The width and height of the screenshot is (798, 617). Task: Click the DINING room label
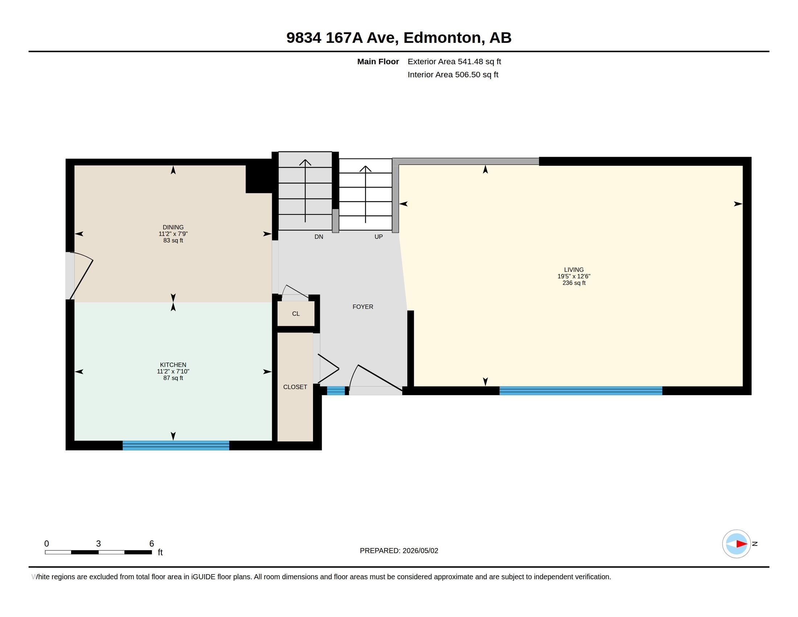[173, 227]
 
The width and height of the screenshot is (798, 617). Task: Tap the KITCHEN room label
[173, 365]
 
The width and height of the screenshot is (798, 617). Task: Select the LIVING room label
[574, 270]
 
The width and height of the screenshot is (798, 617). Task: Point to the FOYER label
[363, 307]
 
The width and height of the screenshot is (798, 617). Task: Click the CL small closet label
[296, 314]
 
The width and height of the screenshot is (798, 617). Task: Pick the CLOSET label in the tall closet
[295, 387]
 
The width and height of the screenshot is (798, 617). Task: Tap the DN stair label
[319, 237]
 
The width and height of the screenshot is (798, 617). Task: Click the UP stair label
[379, 237]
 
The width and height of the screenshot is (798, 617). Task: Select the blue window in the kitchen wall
[176, 445]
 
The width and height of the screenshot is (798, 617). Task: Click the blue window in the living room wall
[581, 391]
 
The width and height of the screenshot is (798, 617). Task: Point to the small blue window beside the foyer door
[336, 391]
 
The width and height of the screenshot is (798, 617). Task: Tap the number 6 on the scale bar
[152, 544]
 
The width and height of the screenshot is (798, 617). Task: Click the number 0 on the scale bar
[46, 544]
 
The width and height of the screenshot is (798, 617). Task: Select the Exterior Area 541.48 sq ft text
[454, 61]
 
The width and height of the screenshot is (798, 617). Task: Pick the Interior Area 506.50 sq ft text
[453, 74]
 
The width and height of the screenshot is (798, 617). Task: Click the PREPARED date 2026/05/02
[420, 551]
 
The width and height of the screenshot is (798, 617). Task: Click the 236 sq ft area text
[574, 283]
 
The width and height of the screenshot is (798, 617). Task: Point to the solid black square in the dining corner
[259, 179]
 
